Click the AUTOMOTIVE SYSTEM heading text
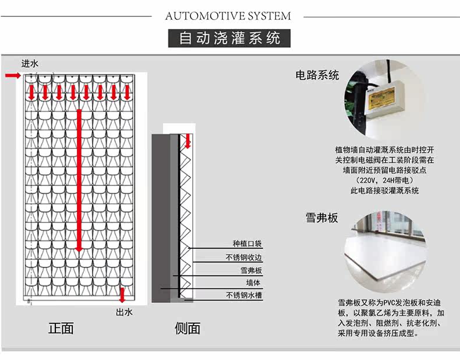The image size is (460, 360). click(228, 16)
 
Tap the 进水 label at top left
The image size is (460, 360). click(30, 63)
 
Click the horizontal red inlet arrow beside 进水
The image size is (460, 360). click(13, 76)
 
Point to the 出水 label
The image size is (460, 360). click(125, 312)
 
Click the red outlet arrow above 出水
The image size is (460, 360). click(122, 294)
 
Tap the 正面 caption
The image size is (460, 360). click(61, 328)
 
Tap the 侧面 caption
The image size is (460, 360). click(187, 328)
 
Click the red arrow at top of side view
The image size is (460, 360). click(188, 140)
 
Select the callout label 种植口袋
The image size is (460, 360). click(247, 244)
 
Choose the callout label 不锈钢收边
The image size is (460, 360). click(244, 257)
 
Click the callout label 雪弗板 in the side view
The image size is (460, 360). click(252, 270)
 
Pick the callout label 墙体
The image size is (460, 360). click(253, 283)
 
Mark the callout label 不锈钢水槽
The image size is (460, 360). click(244, 295)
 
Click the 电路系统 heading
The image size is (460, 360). click(317, 75)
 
